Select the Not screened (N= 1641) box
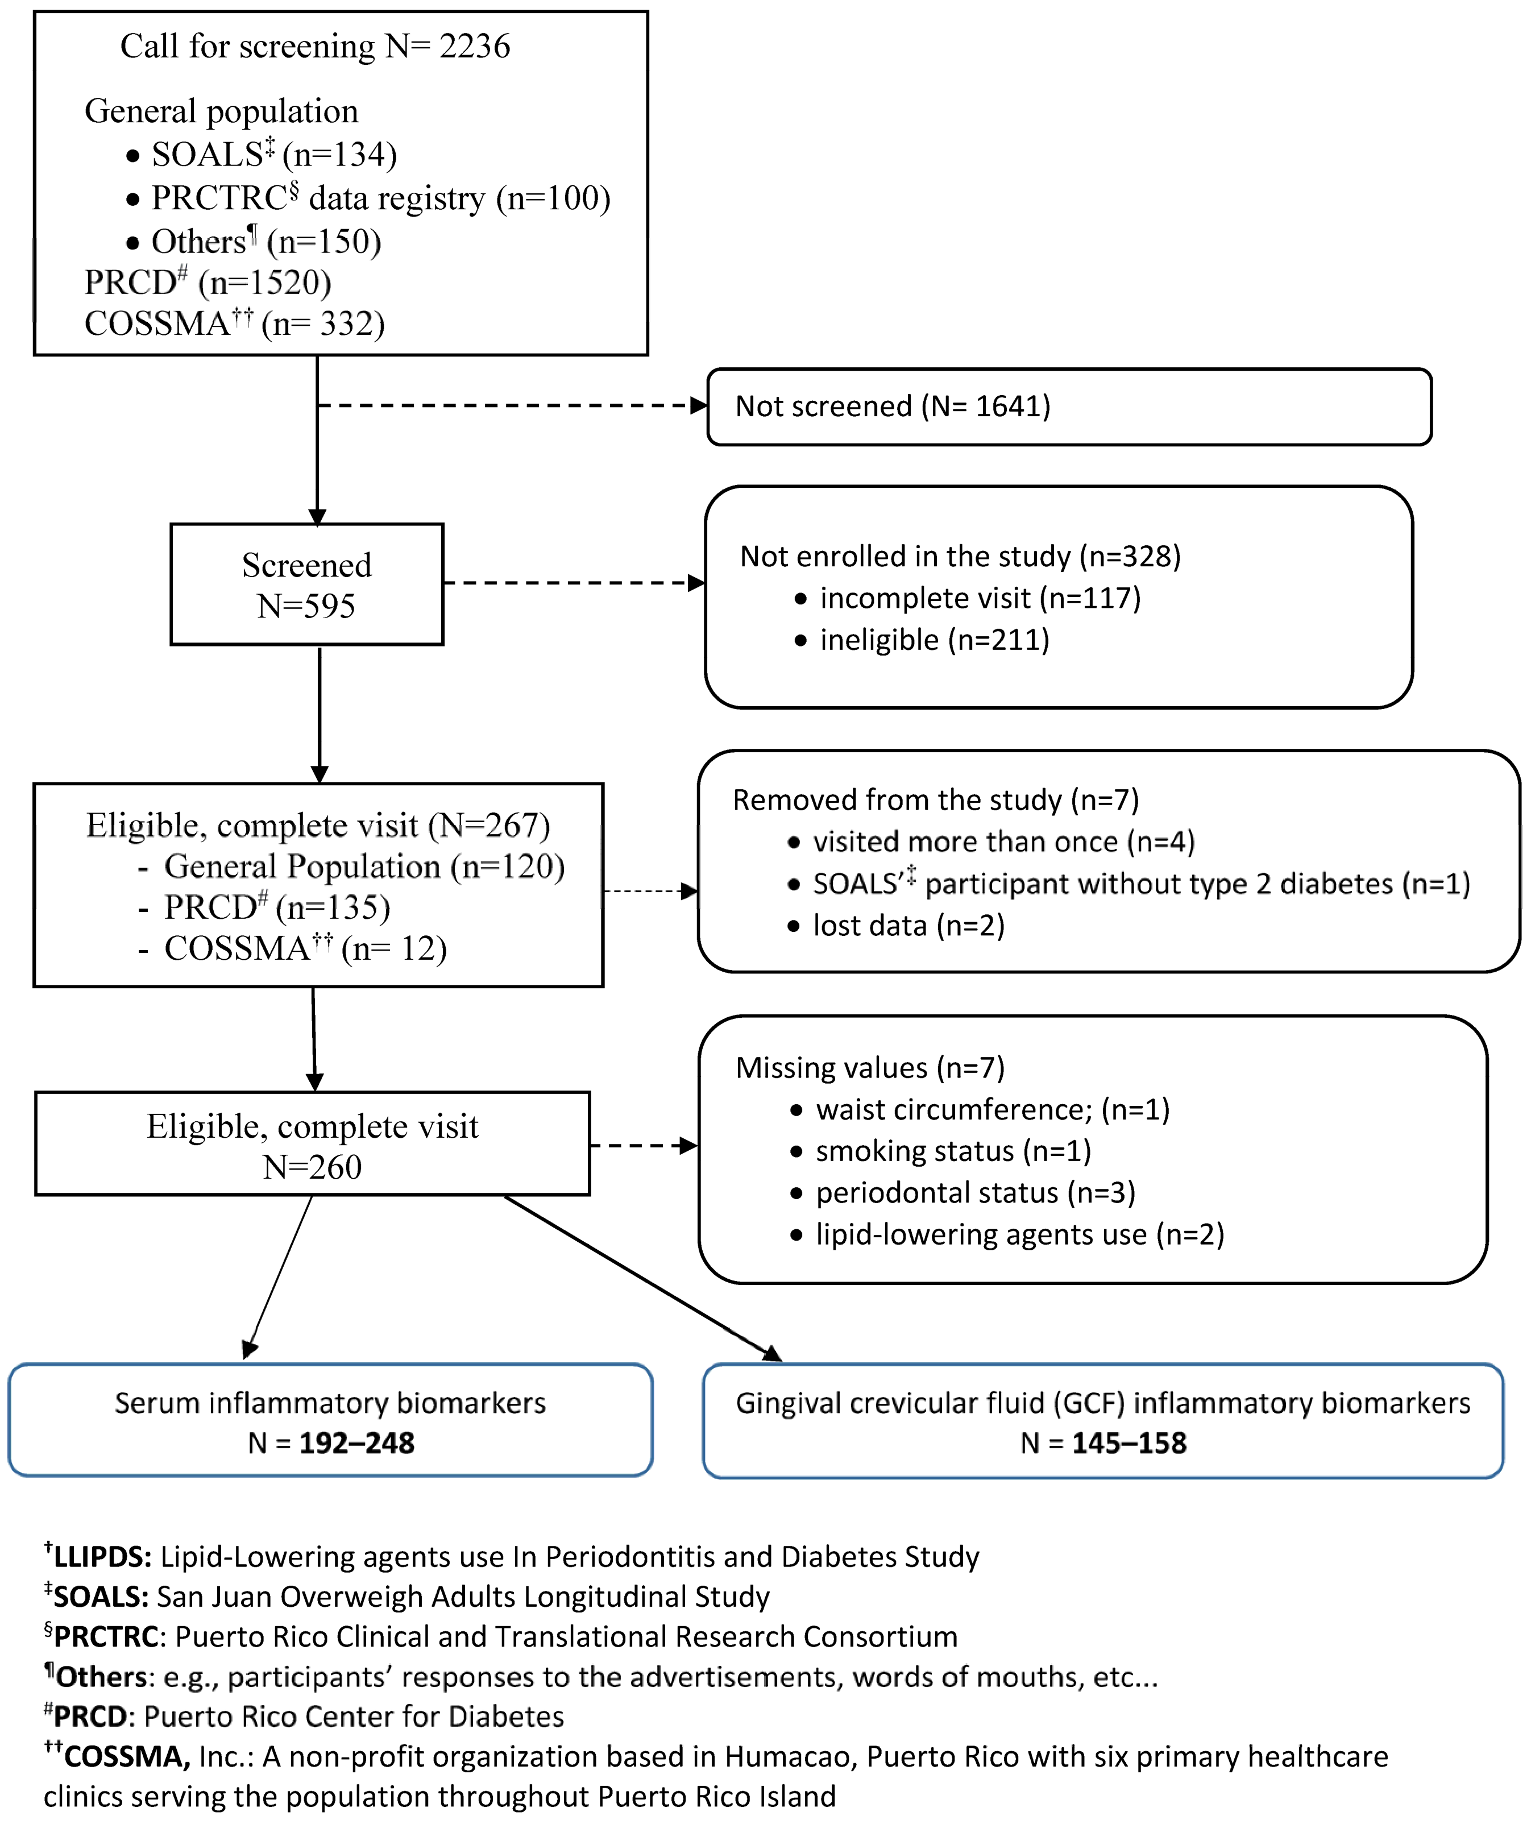click(x=1069, y=407)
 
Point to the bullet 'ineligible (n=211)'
click(x=934, y=640)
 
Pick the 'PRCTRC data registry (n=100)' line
click(x=380, y=198)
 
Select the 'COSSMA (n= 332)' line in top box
click(x=234, y=324)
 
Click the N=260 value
click(x=312, y=1167)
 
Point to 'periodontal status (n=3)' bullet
click(x=974, y=1192)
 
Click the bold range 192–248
click(x=357, y=1443)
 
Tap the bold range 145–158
click(x=1129, y=1443)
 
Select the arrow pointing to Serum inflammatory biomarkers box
click(x=279, y=1276)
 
